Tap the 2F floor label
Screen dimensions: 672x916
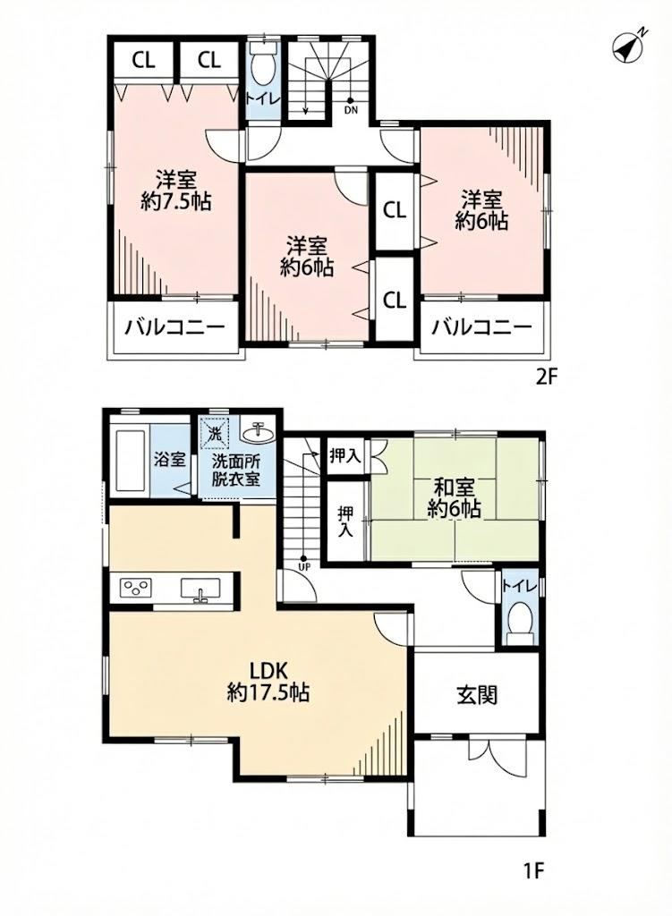(547, 377)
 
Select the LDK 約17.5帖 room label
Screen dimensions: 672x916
(268, 682)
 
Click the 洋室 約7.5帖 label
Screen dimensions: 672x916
(176, 191)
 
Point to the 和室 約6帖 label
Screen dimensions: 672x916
(454, 498)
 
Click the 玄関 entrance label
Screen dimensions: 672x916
(477, 694)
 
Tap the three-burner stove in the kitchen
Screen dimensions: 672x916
(136, 587)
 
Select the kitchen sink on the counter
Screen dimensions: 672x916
(200, 589)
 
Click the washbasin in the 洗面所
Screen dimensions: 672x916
(258, 434)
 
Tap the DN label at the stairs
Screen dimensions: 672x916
(351, 109)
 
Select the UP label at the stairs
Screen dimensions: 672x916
(304, 566)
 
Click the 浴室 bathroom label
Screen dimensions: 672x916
(170, 459)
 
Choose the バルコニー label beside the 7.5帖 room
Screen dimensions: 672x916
(174, 327)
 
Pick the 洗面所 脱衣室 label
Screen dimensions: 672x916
(236, 471)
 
